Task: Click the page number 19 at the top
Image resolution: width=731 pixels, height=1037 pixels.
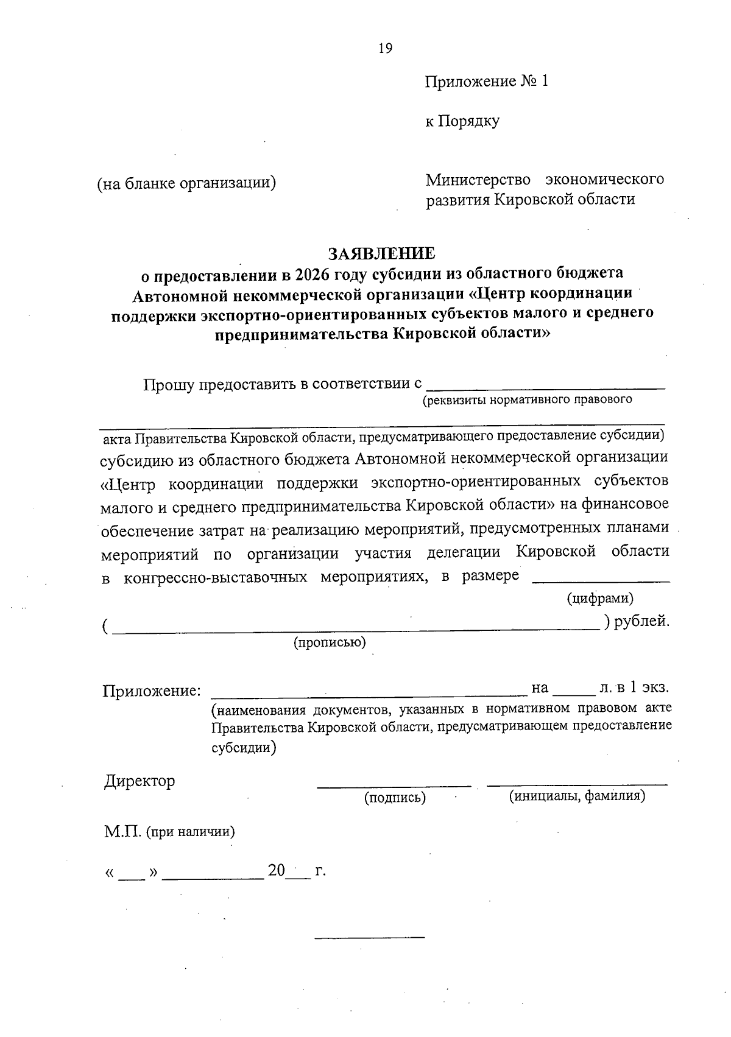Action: coord(385,49)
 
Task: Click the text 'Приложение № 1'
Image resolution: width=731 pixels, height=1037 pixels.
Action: coord(487,82)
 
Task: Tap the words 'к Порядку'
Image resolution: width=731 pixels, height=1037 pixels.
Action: coord(462,121)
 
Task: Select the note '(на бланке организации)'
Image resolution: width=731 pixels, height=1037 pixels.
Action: coord(187,183)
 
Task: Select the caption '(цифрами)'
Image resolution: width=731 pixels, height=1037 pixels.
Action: coord(600,598)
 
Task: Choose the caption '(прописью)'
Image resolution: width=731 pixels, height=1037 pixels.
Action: coord(330,642)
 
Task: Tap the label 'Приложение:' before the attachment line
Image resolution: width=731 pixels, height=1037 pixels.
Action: coord(152,691)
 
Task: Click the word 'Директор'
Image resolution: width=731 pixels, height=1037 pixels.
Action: coord(139,781)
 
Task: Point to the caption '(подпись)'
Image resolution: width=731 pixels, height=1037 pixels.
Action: coord(395,798)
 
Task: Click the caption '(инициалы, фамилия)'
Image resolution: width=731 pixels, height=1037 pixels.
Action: coord(577,796)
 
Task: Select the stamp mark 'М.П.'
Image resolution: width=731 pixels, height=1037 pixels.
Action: coord(122,832)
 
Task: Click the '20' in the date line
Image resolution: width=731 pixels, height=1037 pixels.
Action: coord(277,871)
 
